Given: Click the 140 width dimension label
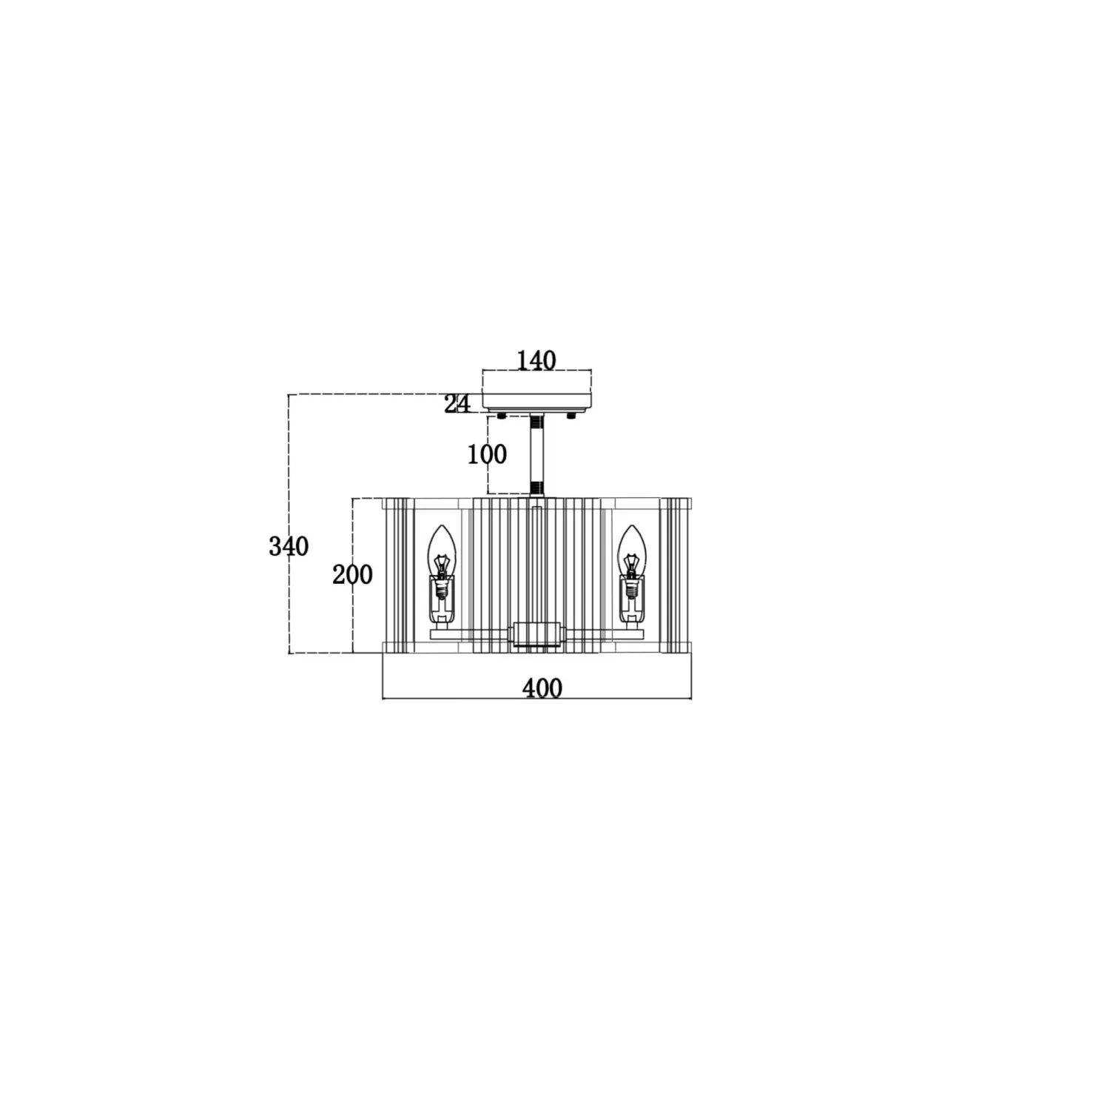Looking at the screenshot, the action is point(536,360).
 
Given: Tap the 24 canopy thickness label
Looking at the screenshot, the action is point(457,404).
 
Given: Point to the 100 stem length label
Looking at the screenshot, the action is point(487,454).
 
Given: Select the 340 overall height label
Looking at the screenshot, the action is point(289,547).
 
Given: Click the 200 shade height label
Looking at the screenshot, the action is point(352,574).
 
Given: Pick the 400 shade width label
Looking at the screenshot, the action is point(542,688).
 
